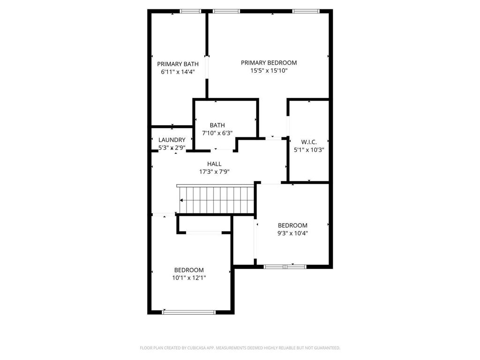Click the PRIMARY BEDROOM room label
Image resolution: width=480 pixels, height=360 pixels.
coord(269,63)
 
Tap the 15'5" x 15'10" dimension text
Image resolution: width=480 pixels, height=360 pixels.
coord(269,71)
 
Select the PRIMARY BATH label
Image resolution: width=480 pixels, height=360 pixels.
coord(178,64)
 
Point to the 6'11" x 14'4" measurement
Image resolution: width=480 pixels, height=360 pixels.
coord(178,72)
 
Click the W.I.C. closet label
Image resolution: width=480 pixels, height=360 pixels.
coord(309,142)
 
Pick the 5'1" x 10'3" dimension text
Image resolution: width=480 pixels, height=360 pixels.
coord(309,150)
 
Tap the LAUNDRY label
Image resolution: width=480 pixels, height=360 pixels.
coord(172,140)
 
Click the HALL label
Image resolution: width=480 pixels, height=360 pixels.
coord(214,164)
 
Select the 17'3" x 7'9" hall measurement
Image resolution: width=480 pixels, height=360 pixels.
coord(214,172)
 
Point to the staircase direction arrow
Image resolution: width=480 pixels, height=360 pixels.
coord(182,200)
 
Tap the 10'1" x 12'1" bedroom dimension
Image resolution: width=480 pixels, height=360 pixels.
coord(189,278)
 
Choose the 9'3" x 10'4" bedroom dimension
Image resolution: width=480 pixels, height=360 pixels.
coord(292,233)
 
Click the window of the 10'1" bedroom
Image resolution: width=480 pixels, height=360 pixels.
coord(188,312)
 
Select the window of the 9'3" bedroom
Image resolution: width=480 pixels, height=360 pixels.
coord(285,267)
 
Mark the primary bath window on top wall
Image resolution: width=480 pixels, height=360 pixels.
coord(190,11)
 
